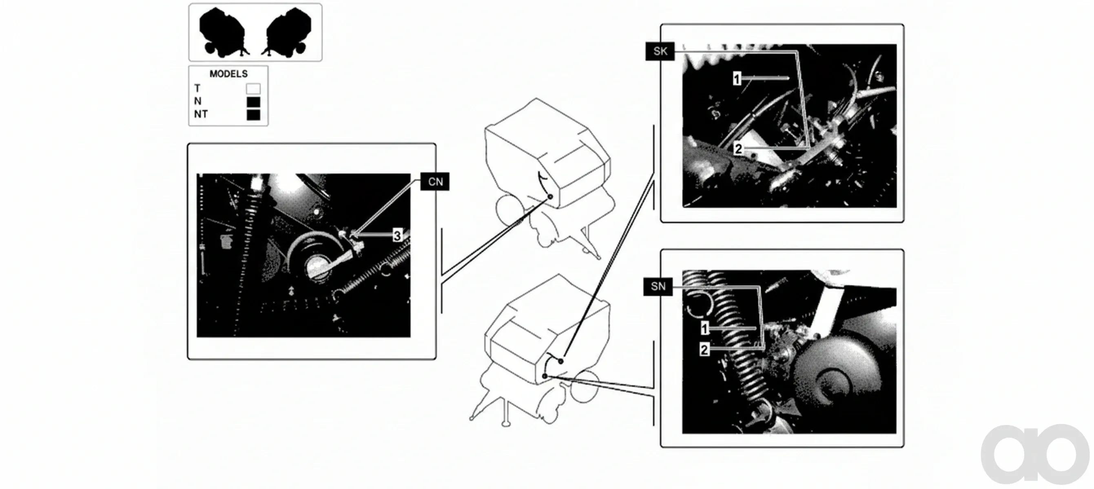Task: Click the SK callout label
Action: [x=660, y=51]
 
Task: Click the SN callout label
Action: [x=658, y=287]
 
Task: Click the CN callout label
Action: [x=435, y=181]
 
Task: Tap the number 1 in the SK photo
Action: [x=737, y=79]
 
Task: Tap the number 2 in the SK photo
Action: [x=739, y=149]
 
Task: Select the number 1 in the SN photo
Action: [x=704, y=328]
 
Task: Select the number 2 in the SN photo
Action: [x=704, y=350]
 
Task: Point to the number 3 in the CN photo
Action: [x=397, y=236]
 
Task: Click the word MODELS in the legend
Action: [x=228, y=74]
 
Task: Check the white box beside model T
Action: [x=254, y=89]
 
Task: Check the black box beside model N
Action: [x=254, y=102]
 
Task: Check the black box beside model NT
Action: [x=254, y=115]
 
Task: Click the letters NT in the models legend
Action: [x=201, y=114]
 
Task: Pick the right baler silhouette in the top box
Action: [x=287, y=32]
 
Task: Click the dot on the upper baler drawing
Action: [x=550, y=197]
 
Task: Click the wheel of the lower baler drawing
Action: [x=585, y=386]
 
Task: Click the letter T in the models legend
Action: [x=197, y=88]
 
